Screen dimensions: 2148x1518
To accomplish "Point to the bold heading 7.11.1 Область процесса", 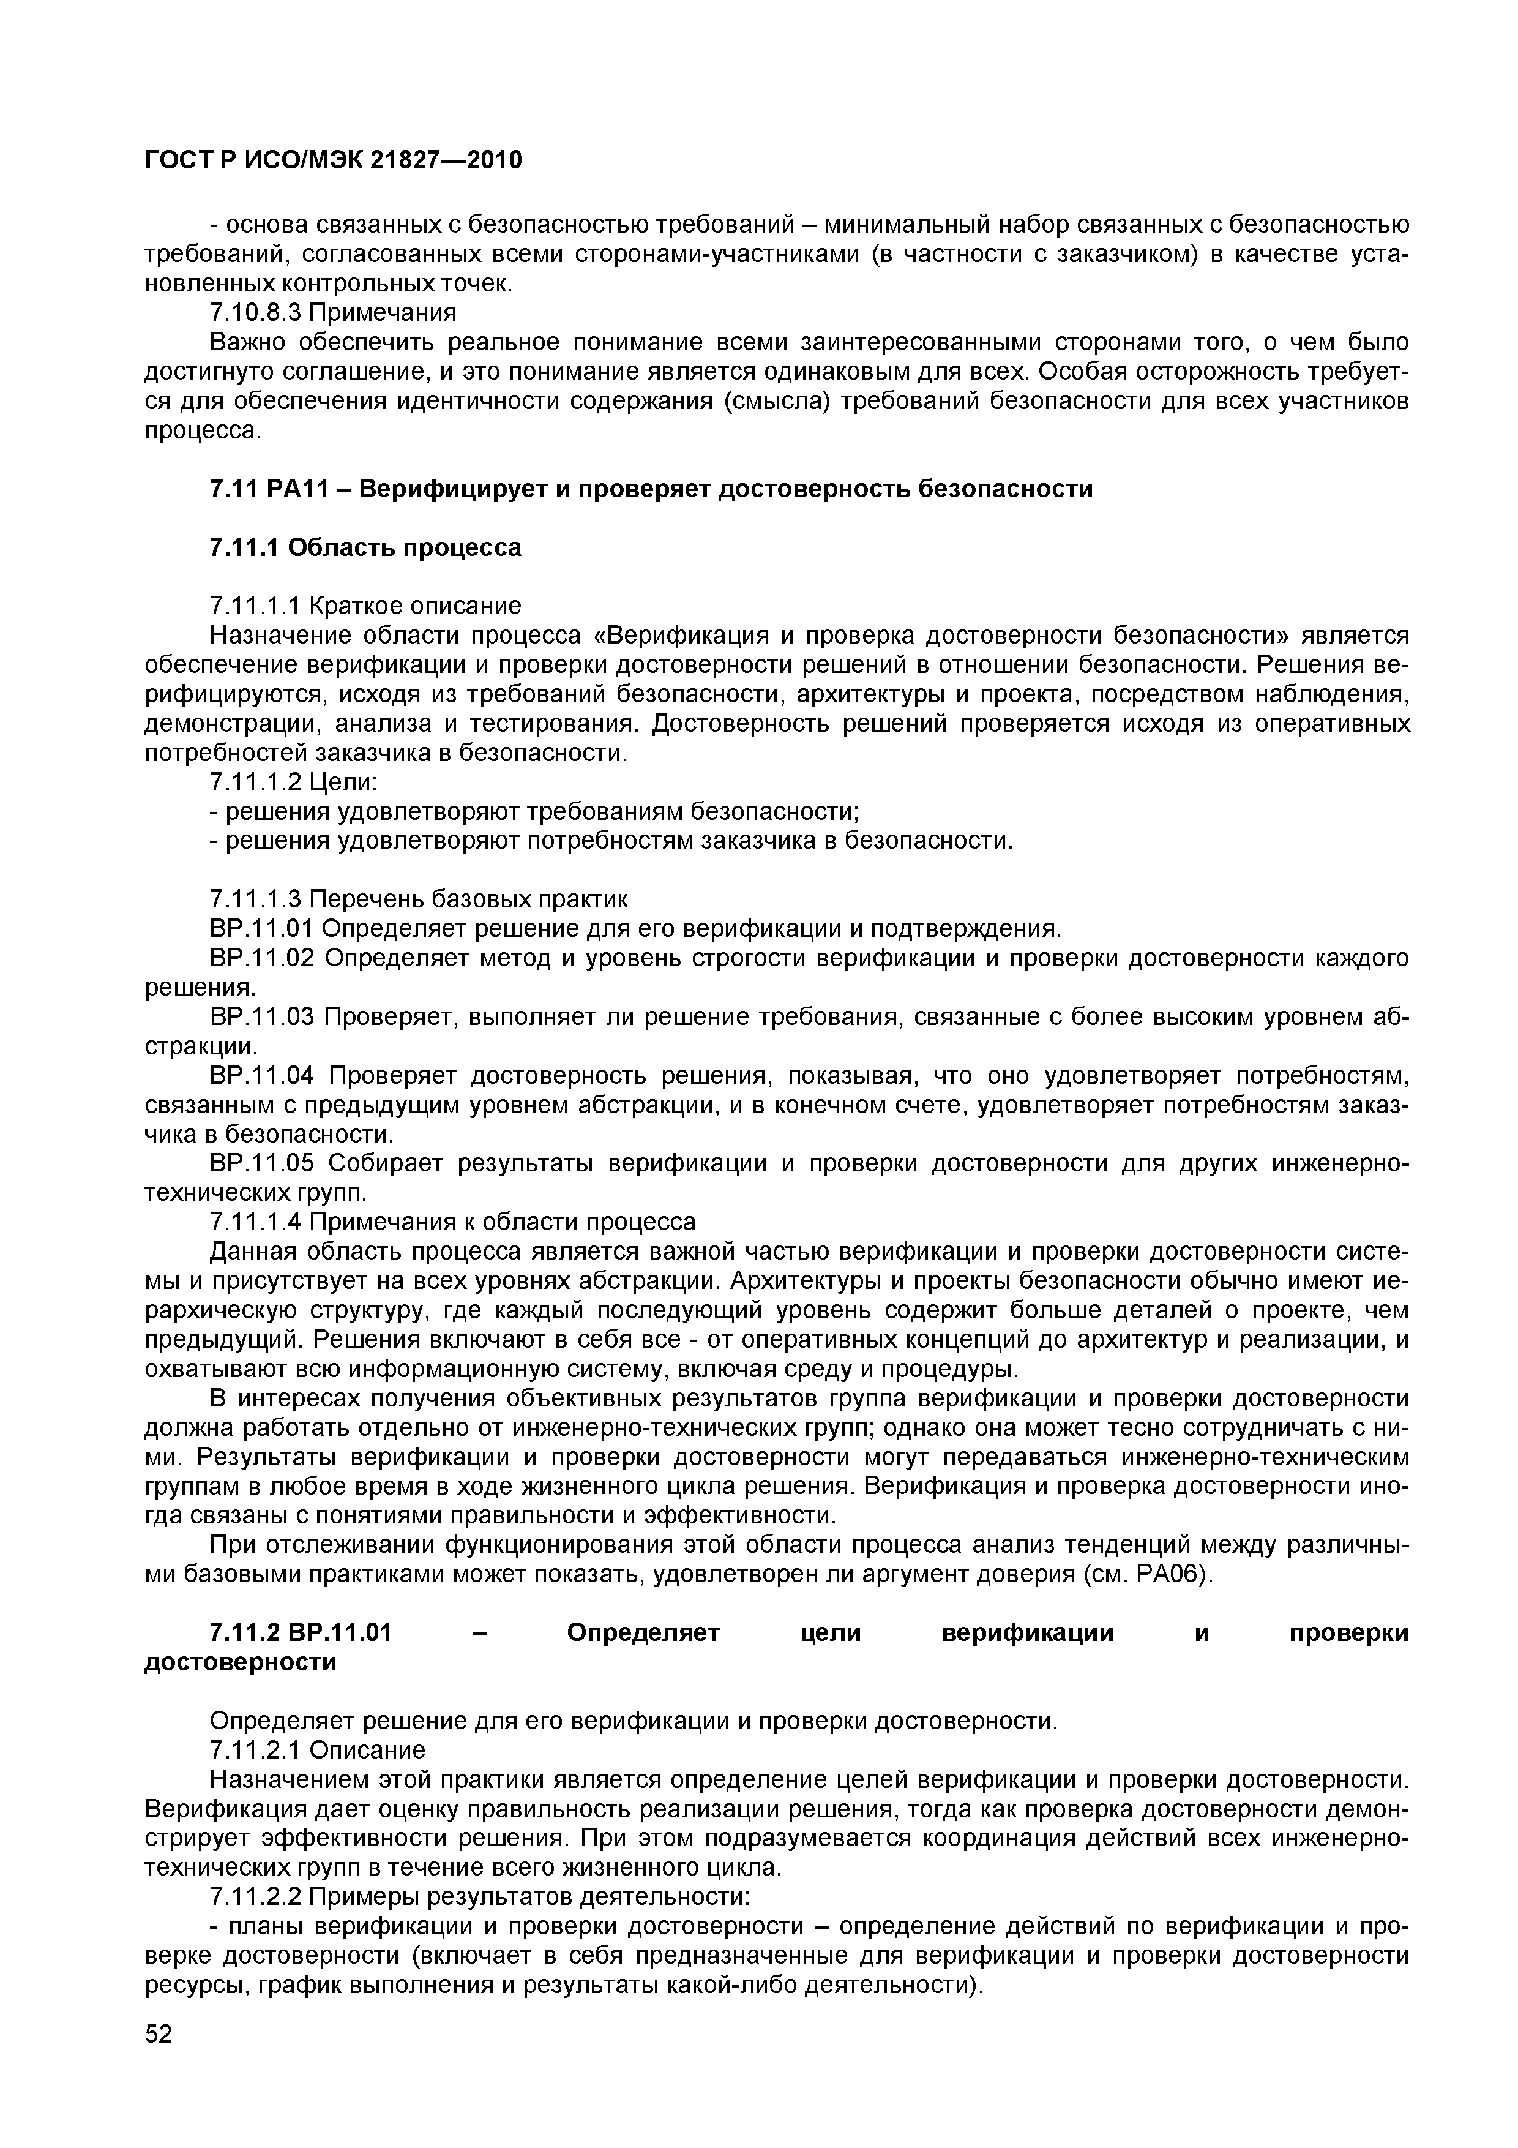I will (365, 547).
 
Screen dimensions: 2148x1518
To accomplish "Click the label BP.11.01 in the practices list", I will (263, 928).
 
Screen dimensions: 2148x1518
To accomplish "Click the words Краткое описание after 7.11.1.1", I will (414, 606).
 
